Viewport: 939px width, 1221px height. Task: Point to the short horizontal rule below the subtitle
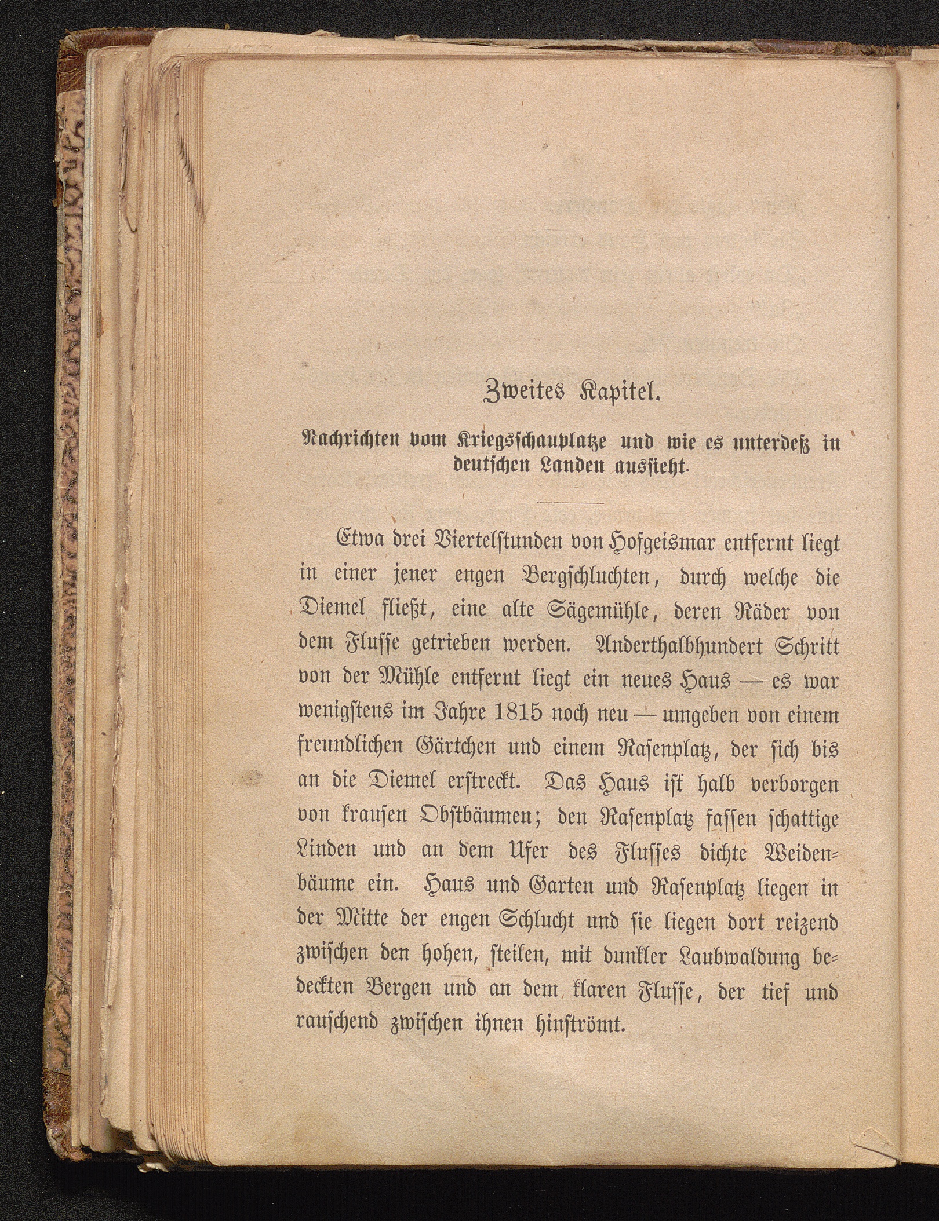tap(570, 503)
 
